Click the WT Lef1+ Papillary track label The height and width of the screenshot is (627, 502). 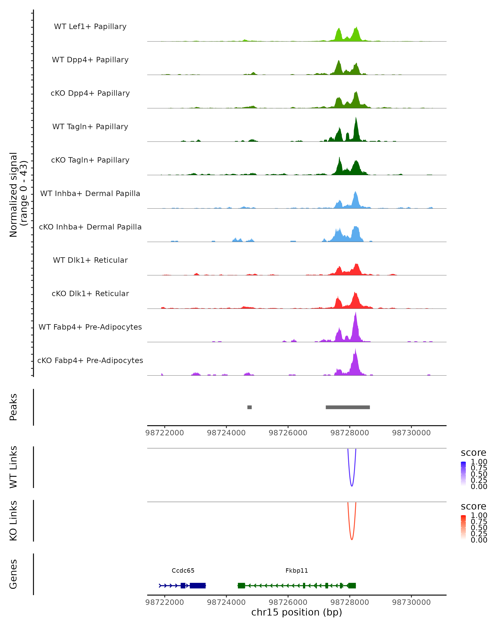click(90, 27)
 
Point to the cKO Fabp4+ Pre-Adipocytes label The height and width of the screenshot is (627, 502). click(90, 360)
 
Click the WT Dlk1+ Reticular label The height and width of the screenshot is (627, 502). click(90, 260)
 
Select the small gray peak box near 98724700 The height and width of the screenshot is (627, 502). click(249, 407)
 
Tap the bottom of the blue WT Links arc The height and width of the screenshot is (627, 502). click(352, 486)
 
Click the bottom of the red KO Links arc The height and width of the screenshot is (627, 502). click(352, 539)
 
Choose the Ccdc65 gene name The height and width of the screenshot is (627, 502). click(183, 571)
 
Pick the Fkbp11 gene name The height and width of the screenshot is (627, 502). click(297, 571)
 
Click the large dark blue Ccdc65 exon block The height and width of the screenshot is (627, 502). click(198, 585)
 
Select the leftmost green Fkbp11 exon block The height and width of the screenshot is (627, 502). click(241, 585)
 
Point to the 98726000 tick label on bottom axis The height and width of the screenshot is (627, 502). click(288, 602)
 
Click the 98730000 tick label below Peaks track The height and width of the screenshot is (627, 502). click(411, 433)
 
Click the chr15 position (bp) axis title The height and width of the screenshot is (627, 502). click(297, 612)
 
